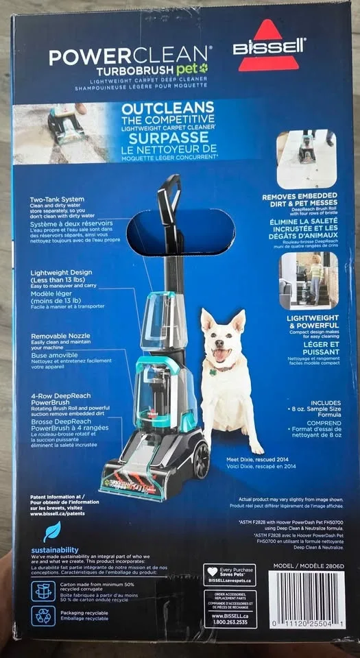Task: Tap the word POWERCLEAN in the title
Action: click(x=130, y=56)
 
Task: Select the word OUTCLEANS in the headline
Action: click(x=167, y=109)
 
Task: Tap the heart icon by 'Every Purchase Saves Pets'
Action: click(x=213, y=572)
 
